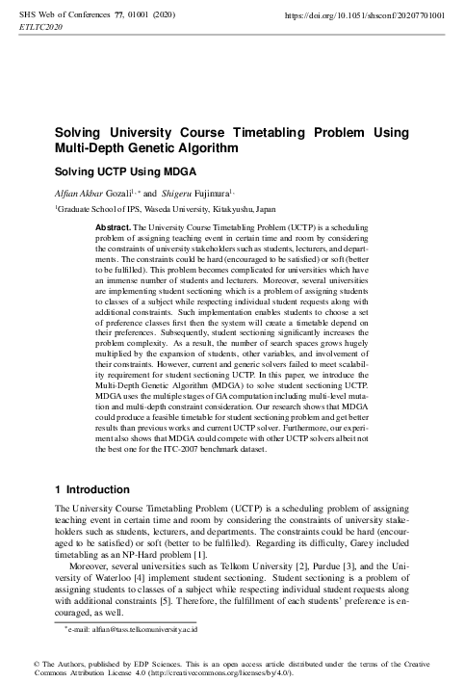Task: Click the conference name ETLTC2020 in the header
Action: [x=41, y=29]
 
